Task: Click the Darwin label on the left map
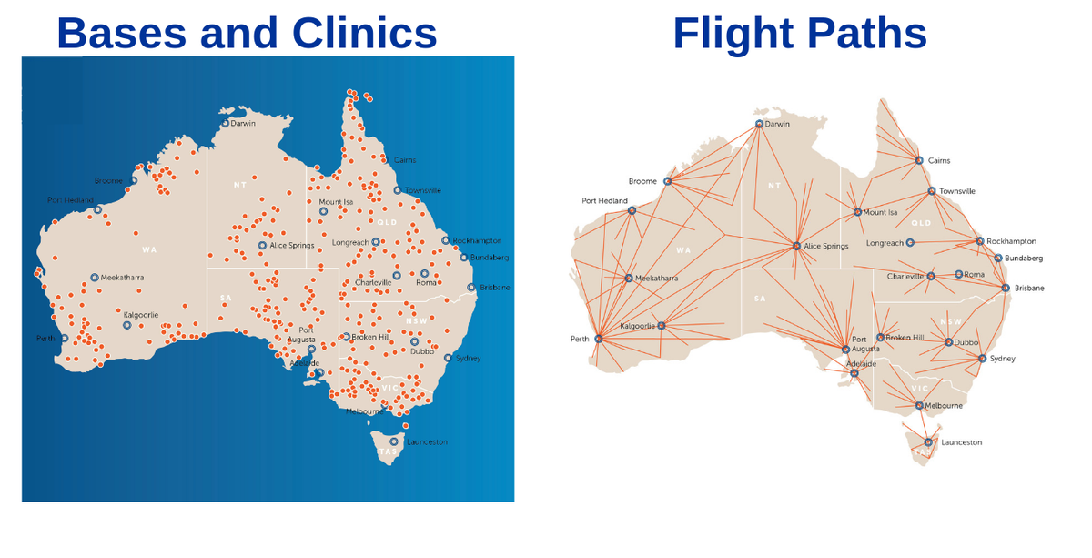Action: point(243,123)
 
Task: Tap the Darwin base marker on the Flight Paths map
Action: point(759,124)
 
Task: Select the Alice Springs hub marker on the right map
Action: point(796,246)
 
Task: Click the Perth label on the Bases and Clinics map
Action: point(45,339)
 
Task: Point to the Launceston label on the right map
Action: point(961,442)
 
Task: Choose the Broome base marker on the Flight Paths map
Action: point(667,181)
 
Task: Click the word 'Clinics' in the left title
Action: point(364,33)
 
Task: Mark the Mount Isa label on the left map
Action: point(336,202)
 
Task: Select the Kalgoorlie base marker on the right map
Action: point(662,326)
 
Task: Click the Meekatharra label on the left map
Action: point(122,278)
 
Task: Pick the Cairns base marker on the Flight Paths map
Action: point(919,160)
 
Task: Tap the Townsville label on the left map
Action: point(423,190)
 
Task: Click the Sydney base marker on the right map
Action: point(982,359)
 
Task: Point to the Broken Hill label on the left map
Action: point(370,337)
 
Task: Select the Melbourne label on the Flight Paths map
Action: point(944,406)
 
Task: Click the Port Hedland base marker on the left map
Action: point(98,209)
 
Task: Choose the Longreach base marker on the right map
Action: point(910,243)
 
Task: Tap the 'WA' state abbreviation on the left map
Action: point(149,249)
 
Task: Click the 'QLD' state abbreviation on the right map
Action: point(921,223)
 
